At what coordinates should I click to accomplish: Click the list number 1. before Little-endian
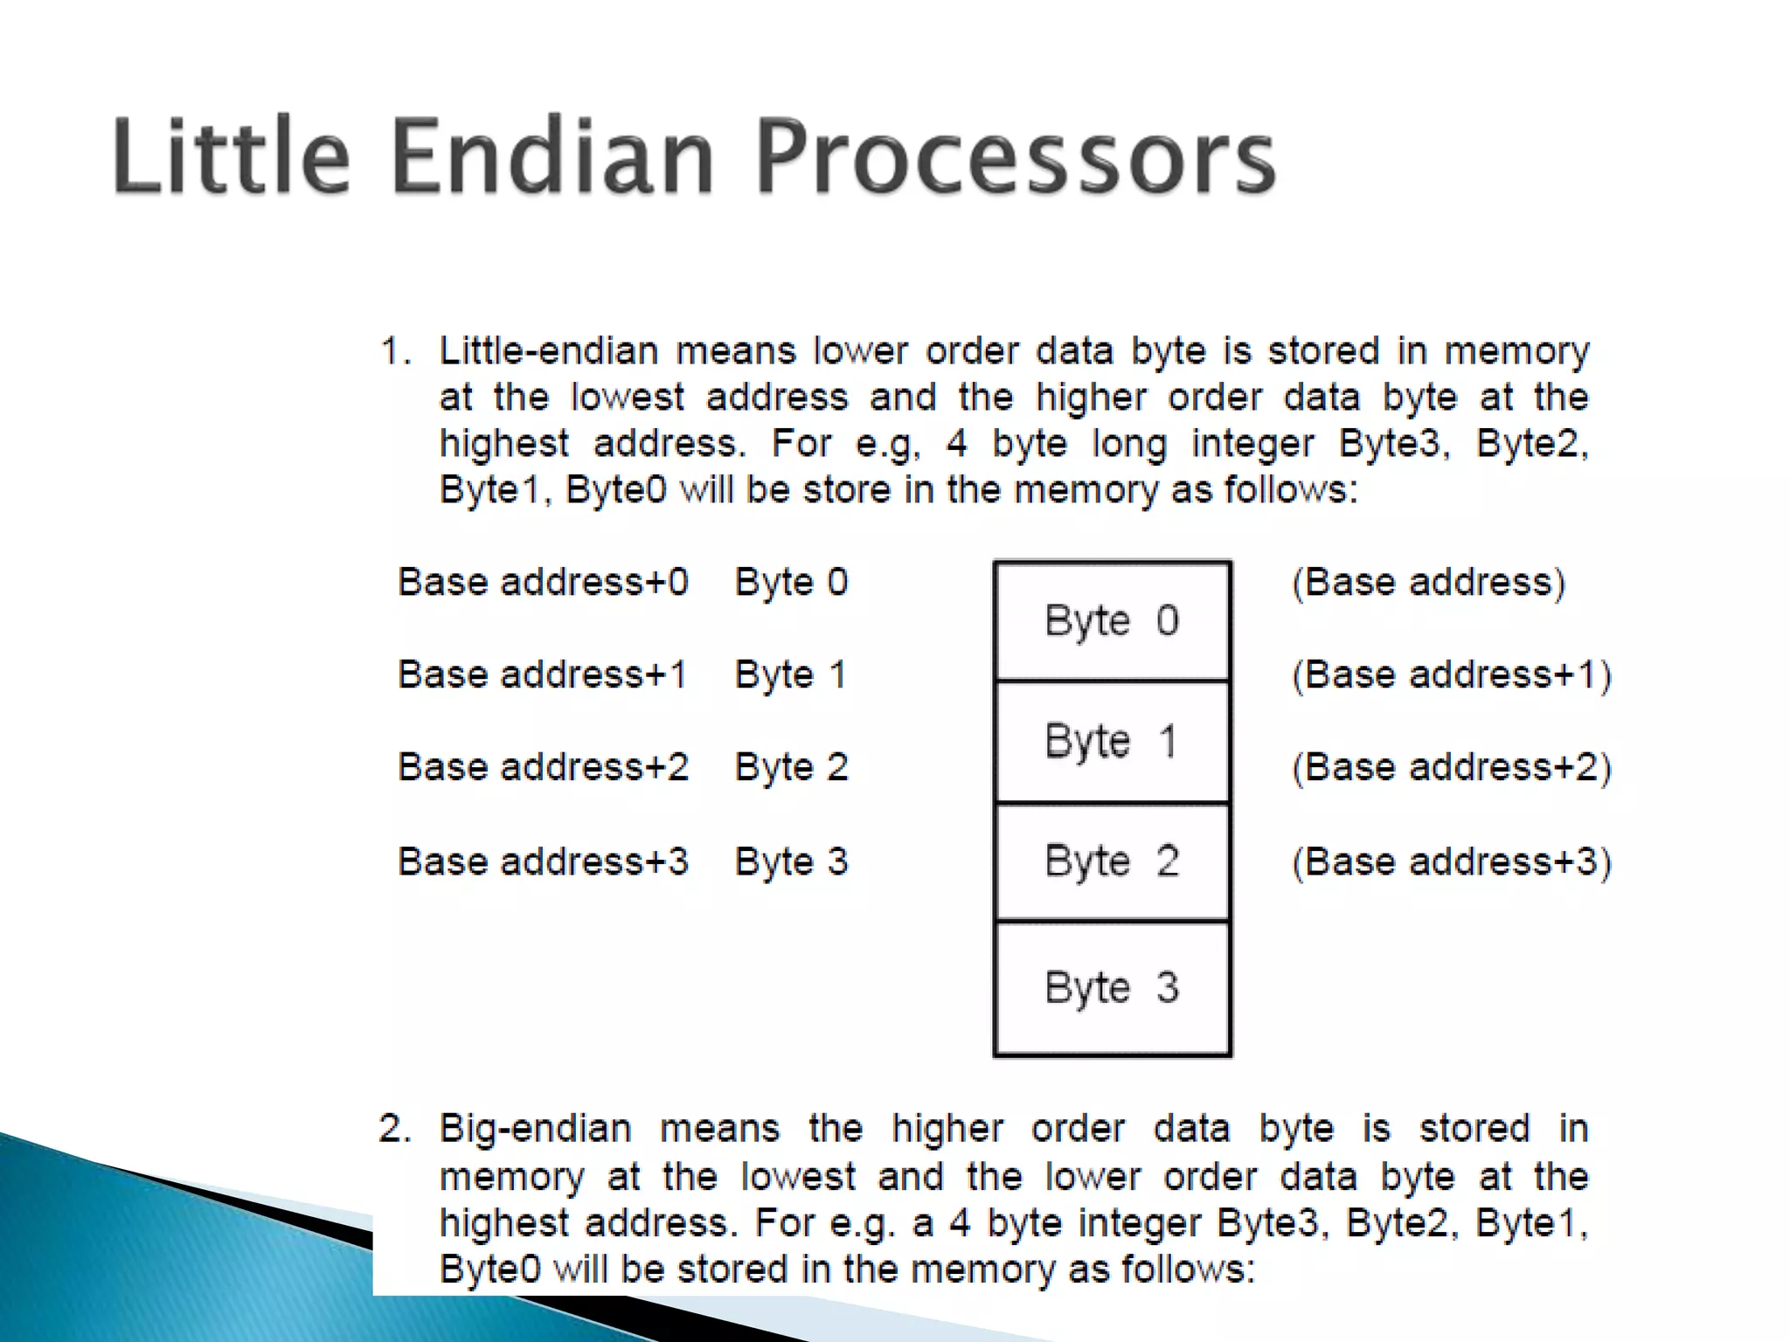[x=395, y=351]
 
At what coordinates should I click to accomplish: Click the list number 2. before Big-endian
[x=394, y=1129]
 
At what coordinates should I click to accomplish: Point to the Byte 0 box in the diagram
[x=1112, y=621]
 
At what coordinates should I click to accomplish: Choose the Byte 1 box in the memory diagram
[x=1112, y=742]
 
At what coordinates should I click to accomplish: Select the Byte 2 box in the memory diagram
[x=1112, y=861]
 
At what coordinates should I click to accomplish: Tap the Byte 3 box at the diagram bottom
[x=1112, y=988]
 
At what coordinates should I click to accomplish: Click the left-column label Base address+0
[x=543, y=582]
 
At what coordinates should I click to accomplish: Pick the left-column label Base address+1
[x=543, y=674]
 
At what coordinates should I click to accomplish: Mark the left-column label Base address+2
[x=543, y=767]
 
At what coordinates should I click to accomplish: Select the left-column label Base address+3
[x=543, y=861]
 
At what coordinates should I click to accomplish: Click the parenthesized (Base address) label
[x=1428, y=582]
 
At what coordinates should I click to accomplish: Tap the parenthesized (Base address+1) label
[x=1451, y=674]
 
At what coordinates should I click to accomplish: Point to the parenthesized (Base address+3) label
[x=1451, y=861]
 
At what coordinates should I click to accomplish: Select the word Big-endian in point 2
[x=535, y=1129]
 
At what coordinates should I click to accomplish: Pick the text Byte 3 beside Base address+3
[x=791, y=861]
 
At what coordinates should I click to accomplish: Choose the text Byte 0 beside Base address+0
[x=791, y=582]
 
